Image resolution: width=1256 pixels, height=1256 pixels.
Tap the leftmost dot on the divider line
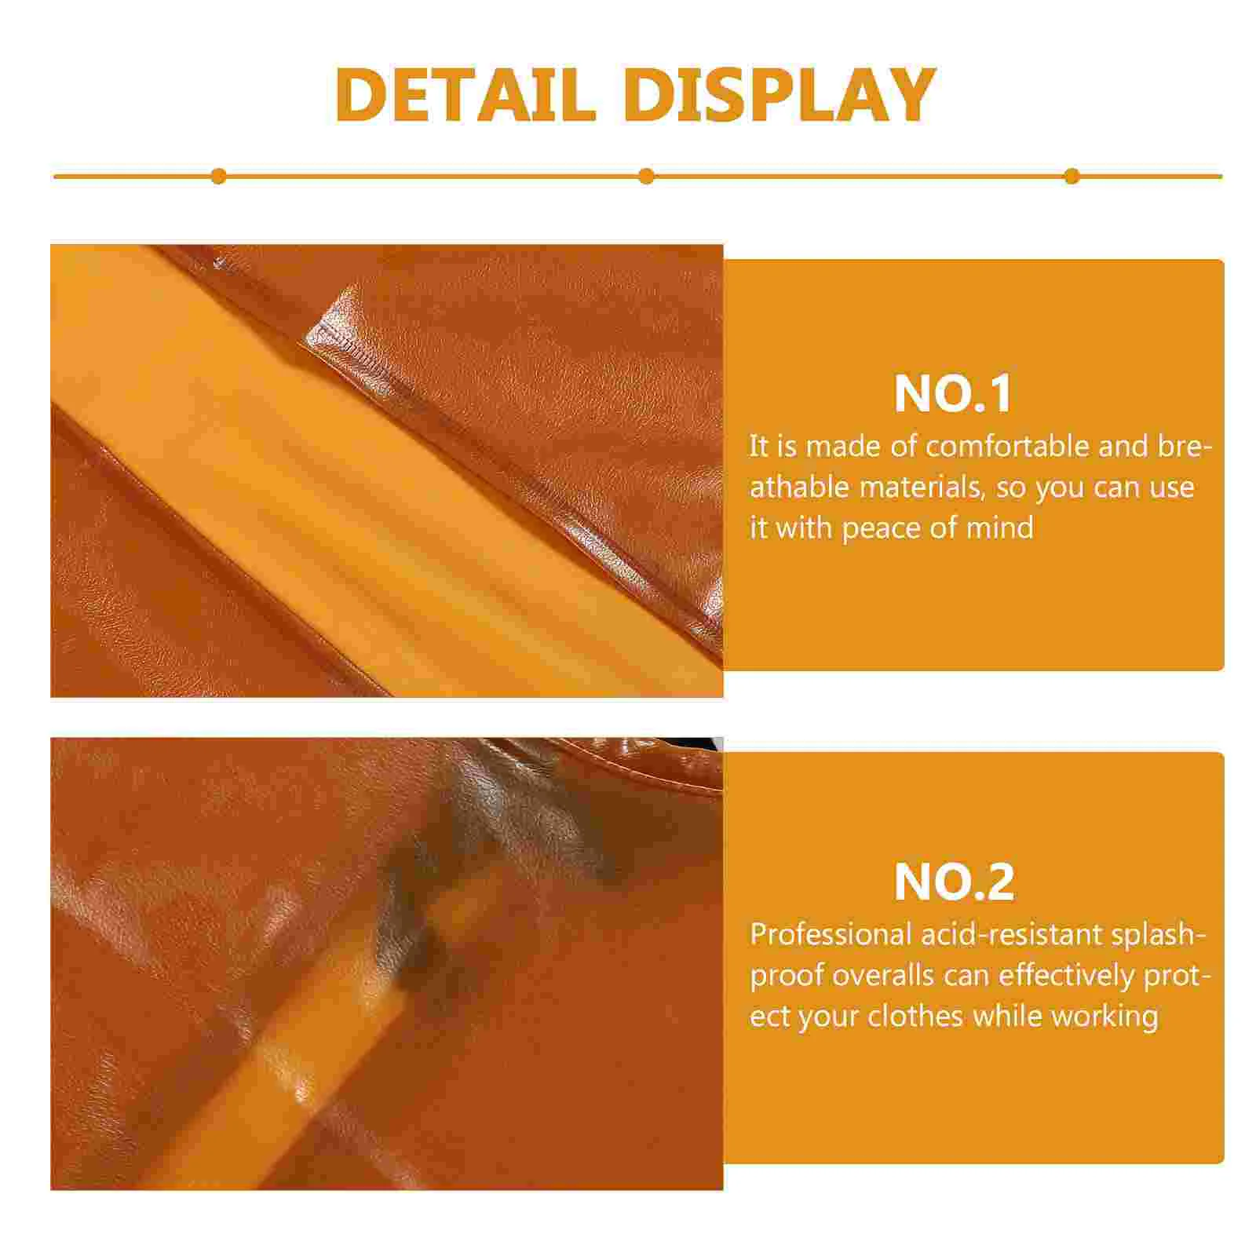click(219, 177)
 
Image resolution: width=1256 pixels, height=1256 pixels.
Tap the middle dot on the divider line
click(646, 177)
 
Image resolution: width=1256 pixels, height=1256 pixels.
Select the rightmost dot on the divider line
click(1072, 177)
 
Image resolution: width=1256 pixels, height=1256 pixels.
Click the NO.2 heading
click(954, 882)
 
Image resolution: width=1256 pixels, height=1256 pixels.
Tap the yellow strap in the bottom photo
click(330, 1044)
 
